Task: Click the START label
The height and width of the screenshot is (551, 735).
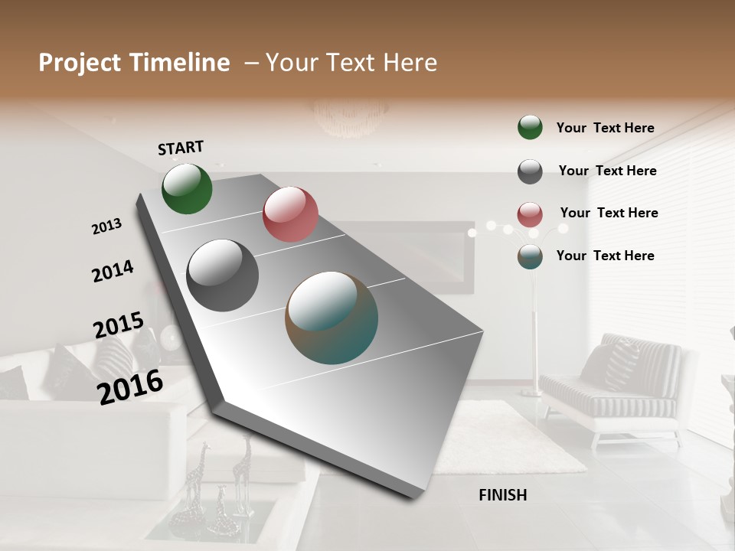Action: point(181,148)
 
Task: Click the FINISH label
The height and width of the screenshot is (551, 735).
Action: point(502,495)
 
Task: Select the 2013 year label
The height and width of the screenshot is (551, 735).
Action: point(107,227)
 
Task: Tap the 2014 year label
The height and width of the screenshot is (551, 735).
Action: point(113,271)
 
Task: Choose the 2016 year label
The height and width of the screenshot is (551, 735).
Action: point(130,386)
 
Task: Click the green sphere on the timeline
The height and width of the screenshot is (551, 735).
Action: point(187,189)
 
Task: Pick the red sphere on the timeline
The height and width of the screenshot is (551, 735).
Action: point(290,214)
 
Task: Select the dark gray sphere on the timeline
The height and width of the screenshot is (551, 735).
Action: point(222,275)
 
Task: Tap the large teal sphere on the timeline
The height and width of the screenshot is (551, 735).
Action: point(332,318)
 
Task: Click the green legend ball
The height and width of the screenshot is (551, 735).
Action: point(530,128)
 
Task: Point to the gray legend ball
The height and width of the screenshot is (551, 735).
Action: point(530,171)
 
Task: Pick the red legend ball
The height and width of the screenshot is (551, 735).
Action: point(530,214)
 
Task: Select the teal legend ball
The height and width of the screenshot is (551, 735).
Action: point(530,257)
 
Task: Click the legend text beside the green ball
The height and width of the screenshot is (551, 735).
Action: point(605,129)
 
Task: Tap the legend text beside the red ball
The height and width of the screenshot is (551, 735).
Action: point(609,213)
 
